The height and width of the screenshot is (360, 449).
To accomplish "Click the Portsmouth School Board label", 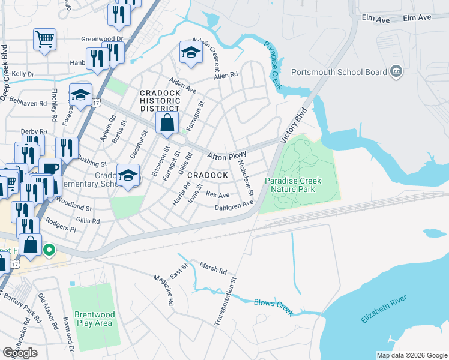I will (x=339, y=73).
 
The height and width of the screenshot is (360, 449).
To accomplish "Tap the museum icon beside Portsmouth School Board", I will (x=396, y=73).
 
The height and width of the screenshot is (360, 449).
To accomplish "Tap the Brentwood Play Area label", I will (x=93, y=319).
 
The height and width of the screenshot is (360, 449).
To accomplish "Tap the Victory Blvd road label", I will (x=294, y=125).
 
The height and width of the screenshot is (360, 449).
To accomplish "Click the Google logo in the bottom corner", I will (x=20, y=353).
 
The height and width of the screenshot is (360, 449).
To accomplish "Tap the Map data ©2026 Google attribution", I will (x=412, y=355).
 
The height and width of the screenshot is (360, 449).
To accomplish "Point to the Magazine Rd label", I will (x=163, y=289).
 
